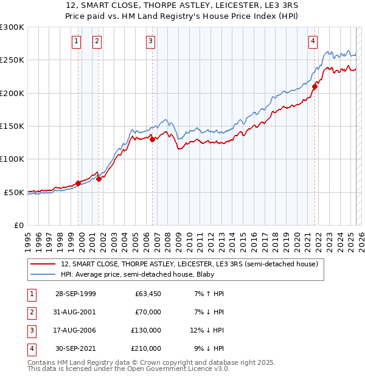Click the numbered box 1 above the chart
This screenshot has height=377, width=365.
[77, 41]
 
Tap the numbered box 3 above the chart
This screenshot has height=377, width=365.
[150, 41]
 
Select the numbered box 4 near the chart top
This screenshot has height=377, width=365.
[313, 41]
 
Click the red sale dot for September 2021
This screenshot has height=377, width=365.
[315, 87]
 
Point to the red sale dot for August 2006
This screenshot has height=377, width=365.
[153, 139]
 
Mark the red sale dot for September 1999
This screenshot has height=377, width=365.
[78, 183]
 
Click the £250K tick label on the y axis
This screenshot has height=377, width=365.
[12, 60]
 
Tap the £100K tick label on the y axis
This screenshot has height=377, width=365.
[12, 159]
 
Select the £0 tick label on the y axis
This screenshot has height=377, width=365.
[18, 225]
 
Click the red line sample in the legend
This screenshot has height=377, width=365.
[43, 265]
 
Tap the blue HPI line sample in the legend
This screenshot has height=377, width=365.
[43, 275]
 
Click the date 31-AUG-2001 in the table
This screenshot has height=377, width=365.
[75, 312]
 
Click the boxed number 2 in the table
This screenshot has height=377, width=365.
[30, 312]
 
